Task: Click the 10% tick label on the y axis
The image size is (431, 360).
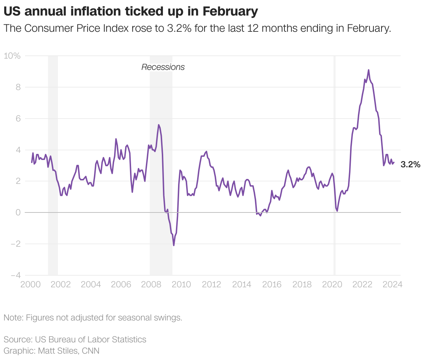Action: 12,56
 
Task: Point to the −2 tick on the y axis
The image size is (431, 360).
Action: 15,244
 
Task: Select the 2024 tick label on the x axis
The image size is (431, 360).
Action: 392,284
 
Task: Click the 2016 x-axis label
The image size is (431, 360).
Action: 272,284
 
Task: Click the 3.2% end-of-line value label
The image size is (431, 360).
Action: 411,164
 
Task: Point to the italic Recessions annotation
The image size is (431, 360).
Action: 163,67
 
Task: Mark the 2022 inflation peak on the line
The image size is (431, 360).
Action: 368,70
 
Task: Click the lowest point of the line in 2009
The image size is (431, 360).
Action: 174,245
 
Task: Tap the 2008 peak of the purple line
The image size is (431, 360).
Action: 159,125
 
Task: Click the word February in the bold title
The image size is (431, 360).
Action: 230,12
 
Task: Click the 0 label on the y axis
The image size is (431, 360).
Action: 18,212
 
